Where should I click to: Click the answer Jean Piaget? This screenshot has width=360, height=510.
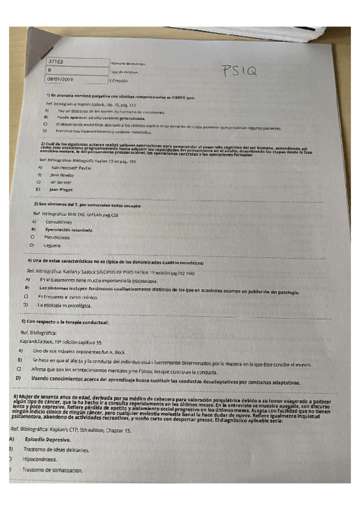point(61,189)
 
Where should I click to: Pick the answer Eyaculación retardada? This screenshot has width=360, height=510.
point(70,230)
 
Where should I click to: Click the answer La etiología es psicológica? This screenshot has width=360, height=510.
point(65,306)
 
